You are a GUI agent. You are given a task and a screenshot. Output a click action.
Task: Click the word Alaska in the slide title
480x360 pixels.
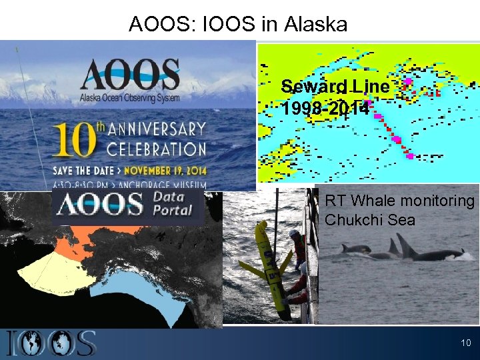tap(315, 25)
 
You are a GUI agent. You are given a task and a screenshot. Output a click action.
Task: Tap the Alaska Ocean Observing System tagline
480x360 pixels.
tap(131, 97)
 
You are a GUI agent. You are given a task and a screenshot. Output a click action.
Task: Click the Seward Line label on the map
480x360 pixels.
tap(335, 87)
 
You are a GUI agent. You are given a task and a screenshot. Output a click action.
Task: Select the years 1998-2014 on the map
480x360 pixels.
tap(325, 108)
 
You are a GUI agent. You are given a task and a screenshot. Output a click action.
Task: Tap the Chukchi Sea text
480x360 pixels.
tap(370, 220)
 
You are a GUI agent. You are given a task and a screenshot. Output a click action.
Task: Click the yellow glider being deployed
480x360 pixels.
tap(269, 267)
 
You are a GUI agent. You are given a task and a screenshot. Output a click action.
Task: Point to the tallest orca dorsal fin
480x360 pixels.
tap(405, 244)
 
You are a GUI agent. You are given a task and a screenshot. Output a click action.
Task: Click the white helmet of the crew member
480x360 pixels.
tap(295, 234)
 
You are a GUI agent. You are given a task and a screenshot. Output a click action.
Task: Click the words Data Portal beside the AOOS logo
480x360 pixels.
tap(173, 203)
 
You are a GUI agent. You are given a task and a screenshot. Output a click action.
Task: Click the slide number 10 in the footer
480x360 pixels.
tap(465, 343)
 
